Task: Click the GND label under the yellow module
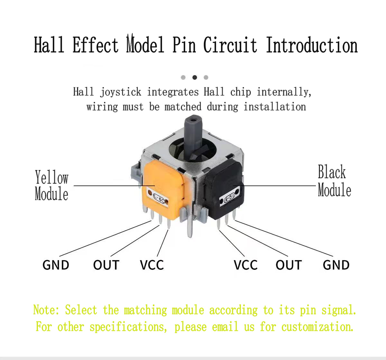pyautogui.click(x=56, y=265)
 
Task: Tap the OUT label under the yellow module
pyautogui.click(x=106, y=265)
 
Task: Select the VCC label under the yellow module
pyautogui.click(x=152, y=265)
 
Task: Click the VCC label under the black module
pyautogui.click(x=246, y=265)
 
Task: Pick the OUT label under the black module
pyautogui.click(x=289, y=265)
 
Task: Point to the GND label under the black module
pyautogui.click(x=336, y=265)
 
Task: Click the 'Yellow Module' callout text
pyautogui.click(x=52, y=185)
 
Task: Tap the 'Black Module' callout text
pyautogui.click(x=334, y=180)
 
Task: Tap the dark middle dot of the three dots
pyautogui.click(x=195, y=78)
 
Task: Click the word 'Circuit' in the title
pyautogui.click(x=230, y=45)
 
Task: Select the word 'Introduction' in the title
pyautogui.click(x=312, y=45)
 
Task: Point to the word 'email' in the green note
pyautogui.click(x=225, y=327)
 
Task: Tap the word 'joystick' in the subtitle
pyautogui.click(x=121, y=92)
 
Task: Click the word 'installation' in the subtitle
pyautogui.click(x=275, y=107)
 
